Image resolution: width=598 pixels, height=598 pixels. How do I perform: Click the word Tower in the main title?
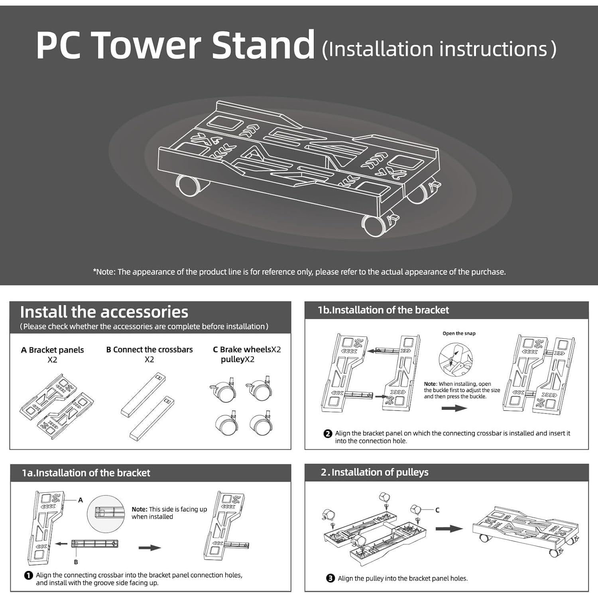(x=148, y=45)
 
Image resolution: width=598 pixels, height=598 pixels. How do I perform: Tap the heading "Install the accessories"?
(x=104, y=312)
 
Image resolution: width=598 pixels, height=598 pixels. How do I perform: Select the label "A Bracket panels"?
(x=52, y=350)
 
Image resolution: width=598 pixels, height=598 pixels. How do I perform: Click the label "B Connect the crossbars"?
(x=149, y=350)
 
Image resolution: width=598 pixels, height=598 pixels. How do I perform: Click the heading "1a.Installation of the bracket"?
(x=86, y=473)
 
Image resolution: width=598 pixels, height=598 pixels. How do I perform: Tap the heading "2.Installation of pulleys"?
(x=374, y=472)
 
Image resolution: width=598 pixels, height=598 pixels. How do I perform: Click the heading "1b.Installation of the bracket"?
(x=383, y=310)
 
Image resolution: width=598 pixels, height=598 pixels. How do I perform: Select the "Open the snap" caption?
(x=459, y=333)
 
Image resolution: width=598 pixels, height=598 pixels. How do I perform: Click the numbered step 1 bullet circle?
(x=28, y=575)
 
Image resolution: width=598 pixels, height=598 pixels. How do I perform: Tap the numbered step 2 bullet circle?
(x=328, y=434)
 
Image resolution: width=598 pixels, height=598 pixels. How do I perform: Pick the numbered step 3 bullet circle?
(x=330, y=578)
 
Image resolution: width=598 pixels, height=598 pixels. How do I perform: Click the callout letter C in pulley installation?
(x=437, y=510)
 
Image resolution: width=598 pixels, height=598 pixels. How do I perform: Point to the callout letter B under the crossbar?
(x=76, y=562)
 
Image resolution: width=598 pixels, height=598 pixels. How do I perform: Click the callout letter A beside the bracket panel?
(x=81, y=500)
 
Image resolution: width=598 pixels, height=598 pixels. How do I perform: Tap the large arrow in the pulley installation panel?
(x=448, y=529)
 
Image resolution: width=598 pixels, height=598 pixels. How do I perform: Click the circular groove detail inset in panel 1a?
(x=106, y=513)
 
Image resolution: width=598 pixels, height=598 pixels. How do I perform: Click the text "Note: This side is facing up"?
(x=169, y=509)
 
